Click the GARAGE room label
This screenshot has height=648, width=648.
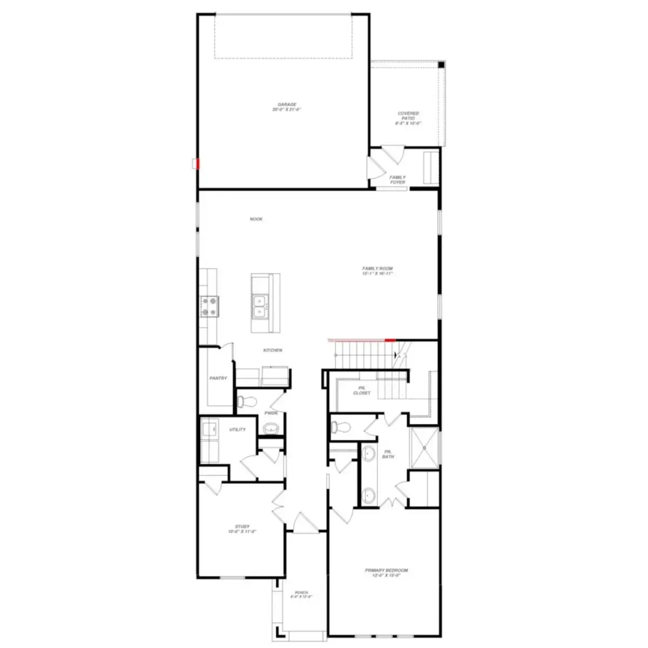coord(287,107)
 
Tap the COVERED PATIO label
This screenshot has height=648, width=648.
coord(408,118)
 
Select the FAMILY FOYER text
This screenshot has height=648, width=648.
coord(397,180)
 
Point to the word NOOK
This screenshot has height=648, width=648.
coord(256,219)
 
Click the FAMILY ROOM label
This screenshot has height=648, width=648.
coord(377,271)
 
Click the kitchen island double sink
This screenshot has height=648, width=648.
coord(260,305)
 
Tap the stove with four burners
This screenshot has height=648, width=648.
coord(210,306)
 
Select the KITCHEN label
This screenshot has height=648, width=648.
coord(273,350)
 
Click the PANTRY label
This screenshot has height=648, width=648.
coord(218,378)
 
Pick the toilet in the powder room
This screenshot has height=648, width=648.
coord(247,402)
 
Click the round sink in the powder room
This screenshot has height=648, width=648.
coord(271,428)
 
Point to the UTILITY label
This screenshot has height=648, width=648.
coord(238,430)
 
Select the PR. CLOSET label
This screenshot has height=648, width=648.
coord(362,390)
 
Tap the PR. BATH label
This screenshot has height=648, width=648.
coord(388,454)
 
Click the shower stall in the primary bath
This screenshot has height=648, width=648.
coord(424,447)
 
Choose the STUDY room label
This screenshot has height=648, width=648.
coord(242,529)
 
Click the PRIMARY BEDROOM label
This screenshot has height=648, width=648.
coord(386,572)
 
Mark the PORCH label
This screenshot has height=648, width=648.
coord(301,595)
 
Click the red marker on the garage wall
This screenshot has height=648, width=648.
coord(198,163)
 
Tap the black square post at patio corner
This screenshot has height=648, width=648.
coord(441,65)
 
